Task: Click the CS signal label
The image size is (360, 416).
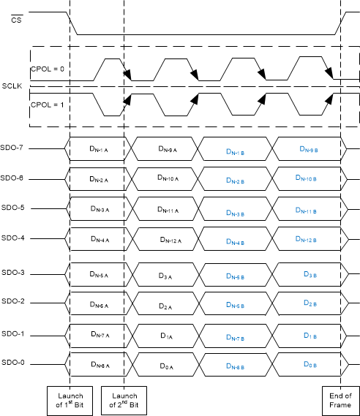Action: [16, 20]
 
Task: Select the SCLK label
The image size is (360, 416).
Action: [12, 86]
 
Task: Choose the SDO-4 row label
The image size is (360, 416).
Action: [13, 238]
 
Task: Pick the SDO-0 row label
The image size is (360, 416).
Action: [13, 362]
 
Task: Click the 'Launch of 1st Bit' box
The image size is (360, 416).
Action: [70, 400]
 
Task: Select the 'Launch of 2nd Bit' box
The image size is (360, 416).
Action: [124, 400]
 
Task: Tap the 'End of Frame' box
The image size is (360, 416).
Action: [341, 400]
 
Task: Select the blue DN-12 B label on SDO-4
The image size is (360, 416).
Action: [310, 240]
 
